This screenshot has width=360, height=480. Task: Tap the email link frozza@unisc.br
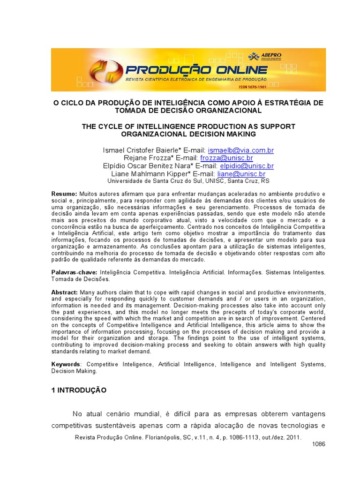(227, 158)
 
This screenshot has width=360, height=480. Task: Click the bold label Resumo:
(64, 194)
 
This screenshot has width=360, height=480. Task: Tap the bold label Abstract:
(65, 292)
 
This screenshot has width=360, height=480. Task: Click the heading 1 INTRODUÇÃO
(79, 390)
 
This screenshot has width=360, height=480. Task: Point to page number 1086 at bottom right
(318, 444)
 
